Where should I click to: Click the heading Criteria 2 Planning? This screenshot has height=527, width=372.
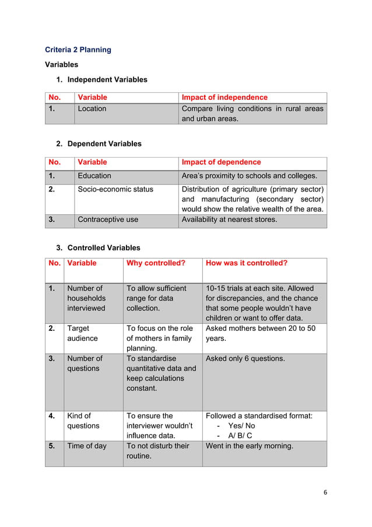click(x=78, y=50)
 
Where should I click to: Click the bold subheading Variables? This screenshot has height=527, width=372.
click(x=62, y=65)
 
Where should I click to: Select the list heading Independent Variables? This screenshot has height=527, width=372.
click(x=107, y=79)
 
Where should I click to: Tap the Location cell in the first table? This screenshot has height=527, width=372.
click(x=92, y=109)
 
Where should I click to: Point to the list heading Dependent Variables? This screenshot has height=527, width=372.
click(x=104, y=144)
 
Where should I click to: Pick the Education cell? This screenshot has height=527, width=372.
click(x=94, y=176)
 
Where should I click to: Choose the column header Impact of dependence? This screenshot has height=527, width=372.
click(x=221, y=162)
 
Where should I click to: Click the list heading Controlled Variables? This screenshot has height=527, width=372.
click(x=104, y=247)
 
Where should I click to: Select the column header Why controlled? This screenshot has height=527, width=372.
click(x=156, y=263)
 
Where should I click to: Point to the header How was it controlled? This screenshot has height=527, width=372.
click(x=247, y=263)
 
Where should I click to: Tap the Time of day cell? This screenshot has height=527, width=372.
click(x=87, y=446)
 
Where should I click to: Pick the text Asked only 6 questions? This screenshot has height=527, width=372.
click(x=245, y=358)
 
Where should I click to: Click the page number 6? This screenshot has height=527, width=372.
click(x=325, y=492)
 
